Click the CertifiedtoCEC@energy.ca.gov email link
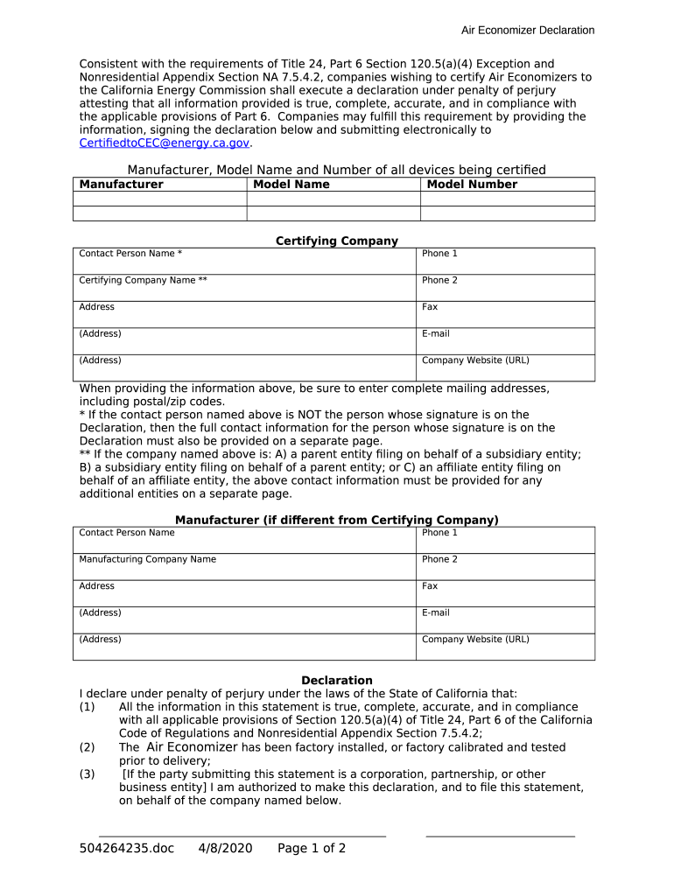pos(165,143)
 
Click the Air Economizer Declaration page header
pos(528,31)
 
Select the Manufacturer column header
pos(121,185)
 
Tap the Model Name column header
pos(291,185)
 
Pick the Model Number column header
pos(472,185)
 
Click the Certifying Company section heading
pos(337,241)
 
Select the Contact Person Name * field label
pos(130,254)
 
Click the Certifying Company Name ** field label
pos(143,281)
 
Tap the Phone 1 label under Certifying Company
pos(439,254)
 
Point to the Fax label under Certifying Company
pos(430,307)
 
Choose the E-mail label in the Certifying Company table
pos(436,334)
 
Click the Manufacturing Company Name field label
pos(147,560)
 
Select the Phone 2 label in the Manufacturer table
pos(439,560)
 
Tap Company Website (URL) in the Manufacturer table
pos(475,640)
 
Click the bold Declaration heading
pos(337,681)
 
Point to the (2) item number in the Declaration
pos(87,748)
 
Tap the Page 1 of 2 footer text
pos(312,849)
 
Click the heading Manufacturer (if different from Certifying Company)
pos(337,521)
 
